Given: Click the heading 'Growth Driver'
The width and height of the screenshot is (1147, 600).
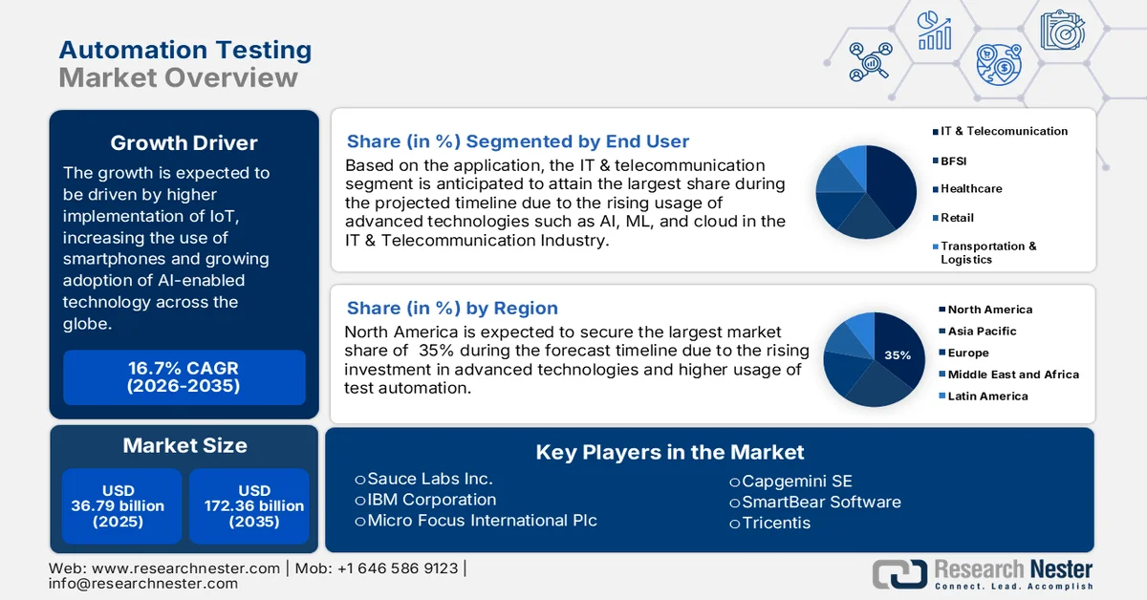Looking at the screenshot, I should point(184,143).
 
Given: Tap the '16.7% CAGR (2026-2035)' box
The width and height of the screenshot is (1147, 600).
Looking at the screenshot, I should point(184,376).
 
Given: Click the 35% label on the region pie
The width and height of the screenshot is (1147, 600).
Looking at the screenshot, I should point(898,354).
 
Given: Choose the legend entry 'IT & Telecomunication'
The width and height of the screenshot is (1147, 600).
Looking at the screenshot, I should point(1004,131).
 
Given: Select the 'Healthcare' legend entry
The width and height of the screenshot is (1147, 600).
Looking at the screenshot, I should point(970,189).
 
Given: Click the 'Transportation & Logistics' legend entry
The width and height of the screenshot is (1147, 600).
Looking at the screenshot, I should point(987,252).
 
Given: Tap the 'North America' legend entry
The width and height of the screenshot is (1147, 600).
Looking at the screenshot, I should point(989,310).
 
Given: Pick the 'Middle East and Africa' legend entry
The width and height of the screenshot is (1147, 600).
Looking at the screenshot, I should point(1012,375).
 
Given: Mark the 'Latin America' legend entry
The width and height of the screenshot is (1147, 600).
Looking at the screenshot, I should point(987,396).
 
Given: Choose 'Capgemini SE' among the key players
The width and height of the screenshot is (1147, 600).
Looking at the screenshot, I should point(795,481).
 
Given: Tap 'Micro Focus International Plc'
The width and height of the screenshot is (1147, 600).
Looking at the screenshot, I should point(482,521).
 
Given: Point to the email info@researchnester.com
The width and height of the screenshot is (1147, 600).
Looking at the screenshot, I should point(143,583).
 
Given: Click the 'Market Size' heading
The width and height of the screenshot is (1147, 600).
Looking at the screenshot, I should point(184,445).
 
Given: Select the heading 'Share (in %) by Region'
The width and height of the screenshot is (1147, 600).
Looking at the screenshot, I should point(452,308).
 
